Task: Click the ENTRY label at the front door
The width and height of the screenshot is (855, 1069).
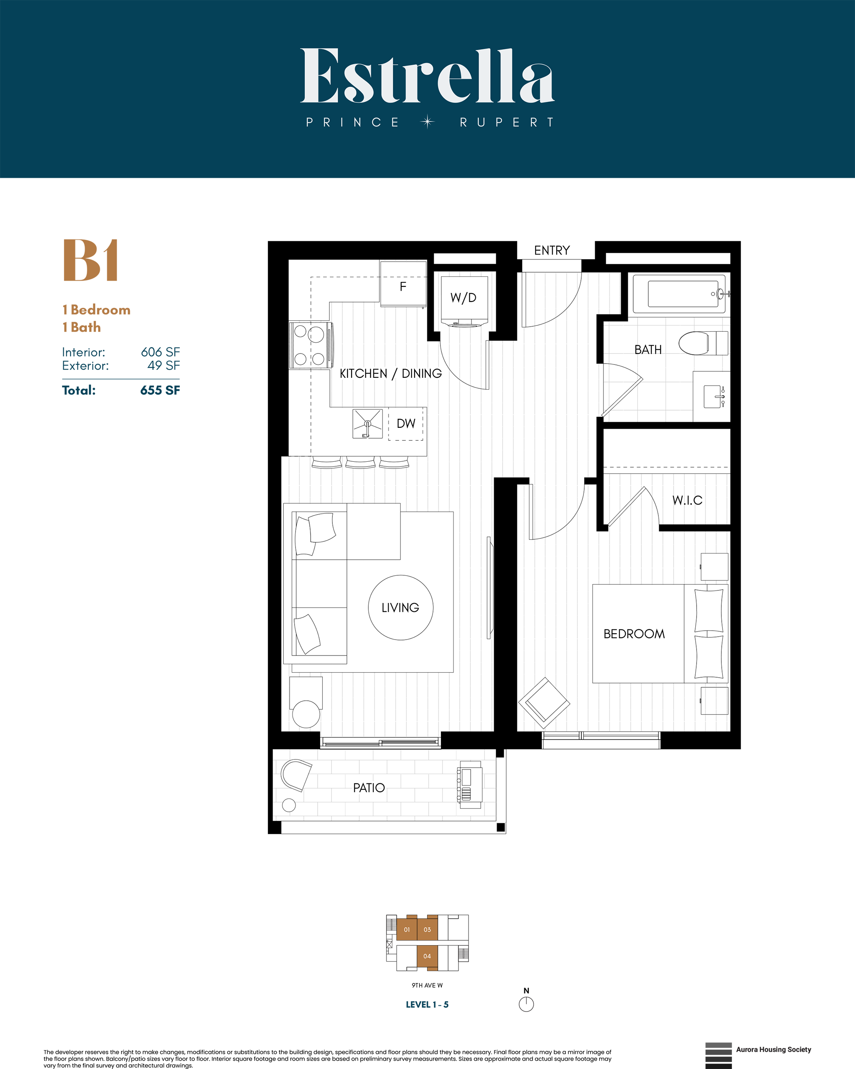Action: [552, 250]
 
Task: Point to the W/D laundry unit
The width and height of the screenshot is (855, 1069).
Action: [464, 297]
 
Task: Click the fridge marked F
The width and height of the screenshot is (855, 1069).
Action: [403, 286]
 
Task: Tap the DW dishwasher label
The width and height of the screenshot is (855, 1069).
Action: [406, 424]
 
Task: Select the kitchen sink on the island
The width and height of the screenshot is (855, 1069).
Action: [367, 424]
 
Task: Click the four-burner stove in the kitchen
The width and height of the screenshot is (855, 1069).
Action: [310, 345]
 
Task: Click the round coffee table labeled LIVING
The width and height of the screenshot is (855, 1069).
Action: [401, 607]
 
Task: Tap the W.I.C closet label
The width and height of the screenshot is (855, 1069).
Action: [687, 500]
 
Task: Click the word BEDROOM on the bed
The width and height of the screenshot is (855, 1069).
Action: [634, 634]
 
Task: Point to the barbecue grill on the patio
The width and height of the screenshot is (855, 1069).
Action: [469, 784]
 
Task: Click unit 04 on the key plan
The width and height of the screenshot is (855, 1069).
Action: [427, 956]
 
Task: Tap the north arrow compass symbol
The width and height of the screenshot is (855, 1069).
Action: [526, 1004]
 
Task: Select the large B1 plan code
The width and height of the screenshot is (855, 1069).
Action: [91, 260]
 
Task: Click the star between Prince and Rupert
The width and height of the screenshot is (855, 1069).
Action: [427, 122]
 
